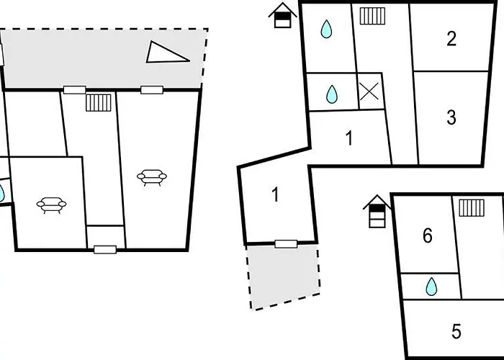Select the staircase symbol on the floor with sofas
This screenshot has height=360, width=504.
tap(99, 102)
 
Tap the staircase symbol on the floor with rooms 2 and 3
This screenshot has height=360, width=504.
tap(372, 16)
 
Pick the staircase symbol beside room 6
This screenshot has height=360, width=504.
tap(472, 207)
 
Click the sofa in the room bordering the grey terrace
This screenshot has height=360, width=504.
tap(152, 177)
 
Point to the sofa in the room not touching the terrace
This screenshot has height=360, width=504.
tap(51, 205)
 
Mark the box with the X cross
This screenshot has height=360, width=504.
tap(369, 91)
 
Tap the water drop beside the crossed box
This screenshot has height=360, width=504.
tap(332, 94)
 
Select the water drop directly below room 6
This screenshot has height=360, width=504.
tap(431, 287)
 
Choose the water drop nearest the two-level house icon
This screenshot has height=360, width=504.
tap(326, 29)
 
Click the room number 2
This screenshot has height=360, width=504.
tap(451, 39)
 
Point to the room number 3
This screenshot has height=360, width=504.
tap(451, 117)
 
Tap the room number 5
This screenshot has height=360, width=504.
tap(456, 331)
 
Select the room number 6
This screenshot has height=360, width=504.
tap(428, 235)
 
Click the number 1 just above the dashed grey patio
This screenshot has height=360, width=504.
tap(276, 195)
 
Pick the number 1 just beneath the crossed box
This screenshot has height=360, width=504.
tap(349, 138)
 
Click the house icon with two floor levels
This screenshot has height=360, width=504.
tap(282, 15)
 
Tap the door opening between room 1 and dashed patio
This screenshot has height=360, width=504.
tap(286, 244)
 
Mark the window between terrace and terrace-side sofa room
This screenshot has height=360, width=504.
tap(152, 90)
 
